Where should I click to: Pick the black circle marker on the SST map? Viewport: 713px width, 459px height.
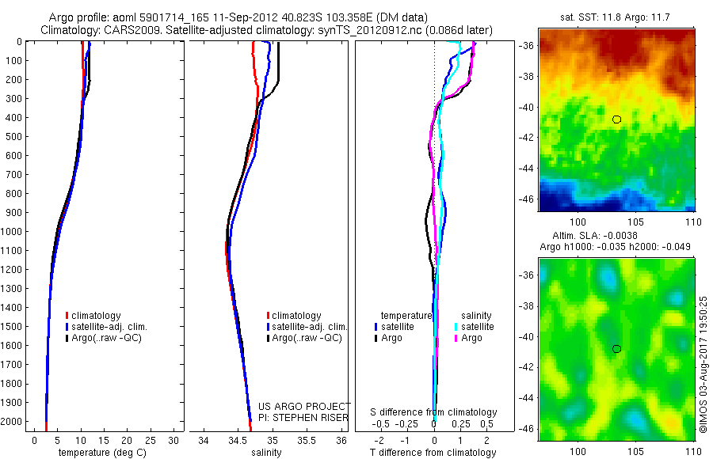(x=616, y=119)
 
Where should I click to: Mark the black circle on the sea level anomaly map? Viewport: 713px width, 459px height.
(x=616, y=349)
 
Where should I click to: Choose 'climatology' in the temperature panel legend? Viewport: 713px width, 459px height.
(x=96, y=316)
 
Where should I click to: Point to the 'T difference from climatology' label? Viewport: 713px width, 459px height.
(x=433, y=453)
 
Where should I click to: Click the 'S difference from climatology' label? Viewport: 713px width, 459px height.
(x=433, y=412)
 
